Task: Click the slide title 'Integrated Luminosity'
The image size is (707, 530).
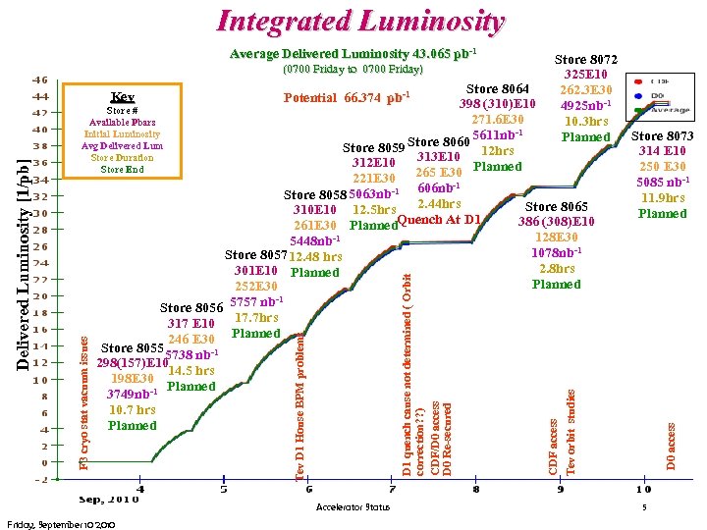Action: [360, 21]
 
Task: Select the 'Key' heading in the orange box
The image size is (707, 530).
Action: [123, 96]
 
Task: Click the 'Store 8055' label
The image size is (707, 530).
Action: [131, 347]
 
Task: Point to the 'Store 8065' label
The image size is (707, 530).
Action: [556, 207]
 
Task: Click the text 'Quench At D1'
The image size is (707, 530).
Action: [439, 219]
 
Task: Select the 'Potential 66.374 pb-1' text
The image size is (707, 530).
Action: [346, 97]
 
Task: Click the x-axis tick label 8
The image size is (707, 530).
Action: [475, 488]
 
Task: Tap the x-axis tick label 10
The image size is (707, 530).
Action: [643, 488]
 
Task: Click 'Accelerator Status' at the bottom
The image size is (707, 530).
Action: [353, 507]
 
